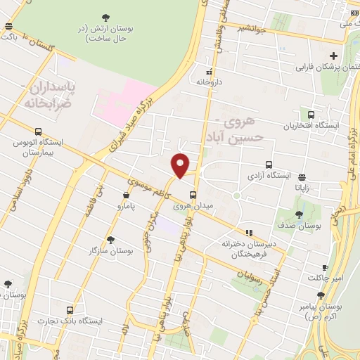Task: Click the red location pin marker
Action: coord(181,165)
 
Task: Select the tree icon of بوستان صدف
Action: coord(300,214)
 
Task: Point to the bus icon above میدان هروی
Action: coord(193,195)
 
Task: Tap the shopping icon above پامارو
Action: coord(127,195)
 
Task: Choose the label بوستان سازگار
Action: coord(111,250)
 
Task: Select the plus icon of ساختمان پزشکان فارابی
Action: coord(333,56)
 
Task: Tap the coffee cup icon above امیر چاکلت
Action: coord(325,268)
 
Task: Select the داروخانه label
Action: coord(209,82)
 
